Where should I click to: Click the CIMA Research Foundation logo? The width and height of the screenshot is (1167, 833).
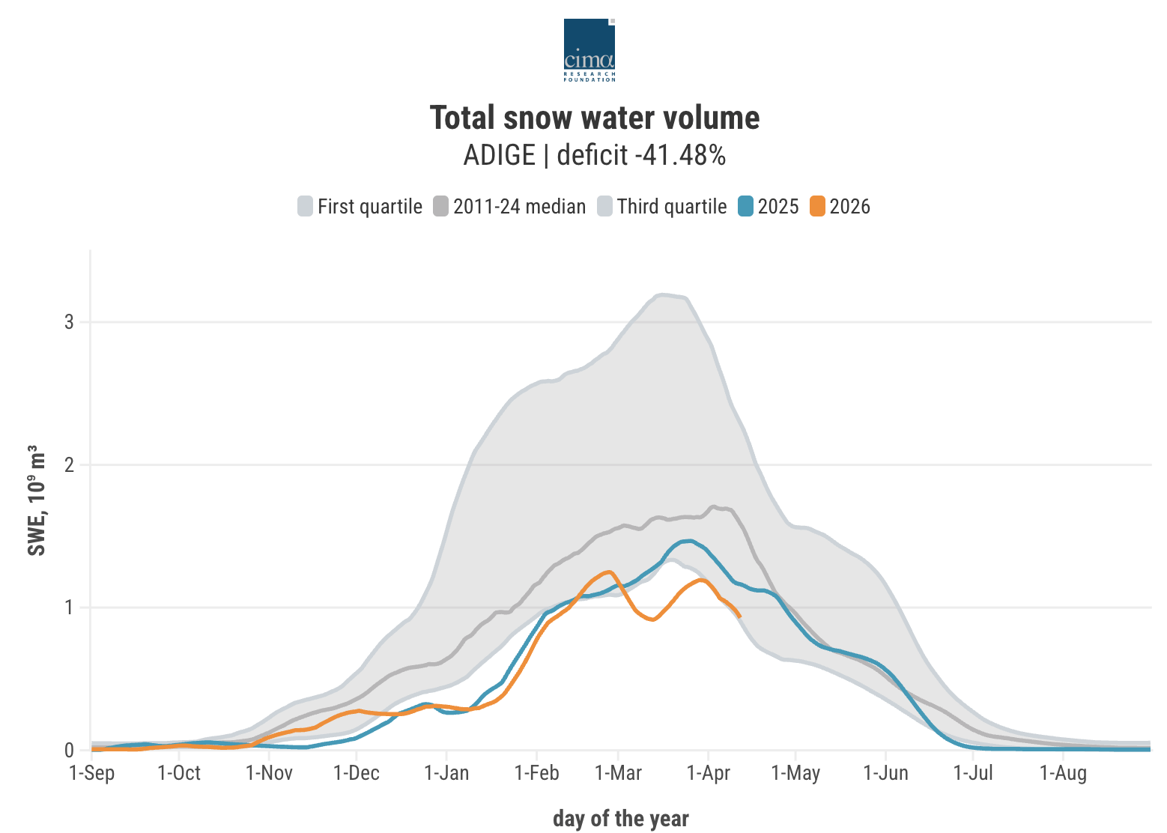tap(589, 49)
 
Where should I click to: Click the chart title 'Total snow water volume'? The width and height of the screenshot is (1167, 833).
tap(595, 118)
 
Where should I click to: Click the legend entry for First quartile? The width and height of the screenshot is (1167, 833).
tap(360, 207)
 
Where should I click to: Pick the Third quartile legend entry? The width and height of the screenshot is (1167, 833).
tap(662, 207)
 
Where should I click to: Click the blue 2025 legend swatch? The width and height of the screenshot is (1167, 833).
tap(745, 207)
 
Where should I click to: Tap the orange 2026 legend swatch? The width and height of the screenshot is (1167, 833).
tap(817, 207)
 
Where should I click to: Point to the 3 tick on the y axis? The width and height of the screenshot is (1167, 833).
tap(69, 322)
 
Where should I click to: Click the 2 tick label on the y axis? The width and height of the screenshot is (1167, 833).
tap(69, 465)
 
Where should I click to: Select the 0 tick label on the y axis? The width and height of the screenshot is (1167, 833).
tap(69, 751)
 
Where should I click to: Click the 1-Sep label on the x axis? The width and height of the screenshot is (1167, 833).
tap(91, 773)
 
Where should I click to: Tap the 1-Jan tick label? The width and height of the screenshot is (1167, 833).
tap(446, 773)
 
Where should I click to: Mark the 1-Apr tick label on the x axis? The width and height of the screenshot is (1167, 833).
tap(708, 773)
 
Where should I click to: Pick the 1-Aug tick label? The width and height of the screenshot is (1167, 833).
tap(1063, 773)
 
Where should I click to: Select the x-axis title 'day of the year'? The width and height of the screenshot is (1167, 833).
tap(620, 819)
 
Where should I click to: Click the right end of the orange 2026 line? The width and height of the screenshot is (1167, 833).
tap(739, 616)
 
